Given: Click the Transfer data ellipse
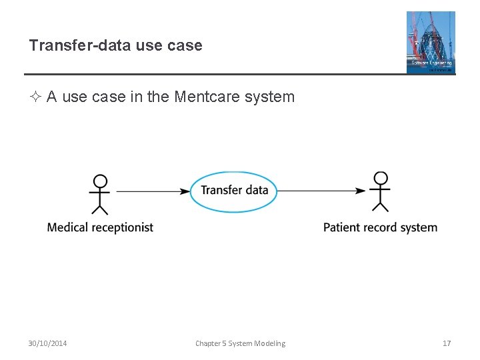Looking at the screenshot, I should [234, 191].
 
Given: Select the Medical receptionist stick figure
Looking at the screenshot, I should [100, 194].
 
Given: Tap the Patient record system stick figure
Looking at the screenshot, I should [380, 192].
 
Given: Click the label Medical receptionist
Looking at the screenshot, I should [100, 227].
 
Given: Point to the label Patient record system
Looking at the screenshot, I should [380, 227].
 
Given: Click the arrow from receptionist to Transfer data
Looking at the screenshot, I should [153, 191].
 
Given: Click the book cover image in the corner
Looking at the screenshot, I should [431, 42].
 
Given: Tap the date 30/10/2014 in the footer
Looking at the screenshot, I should [47, 343].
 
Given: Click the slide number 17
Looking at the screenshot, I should [447, 343].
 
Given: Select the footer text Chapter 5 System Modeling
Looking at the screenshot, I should [240, 343].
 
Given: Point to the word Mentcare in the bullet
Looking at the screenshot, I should [201, 97].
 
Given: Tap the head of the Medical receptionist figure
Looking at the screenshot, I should [100, 181].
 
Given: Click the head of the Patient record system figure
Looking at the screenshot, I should [380, 179].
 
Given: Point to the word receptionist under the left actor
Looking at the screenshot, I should [122, 227].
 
